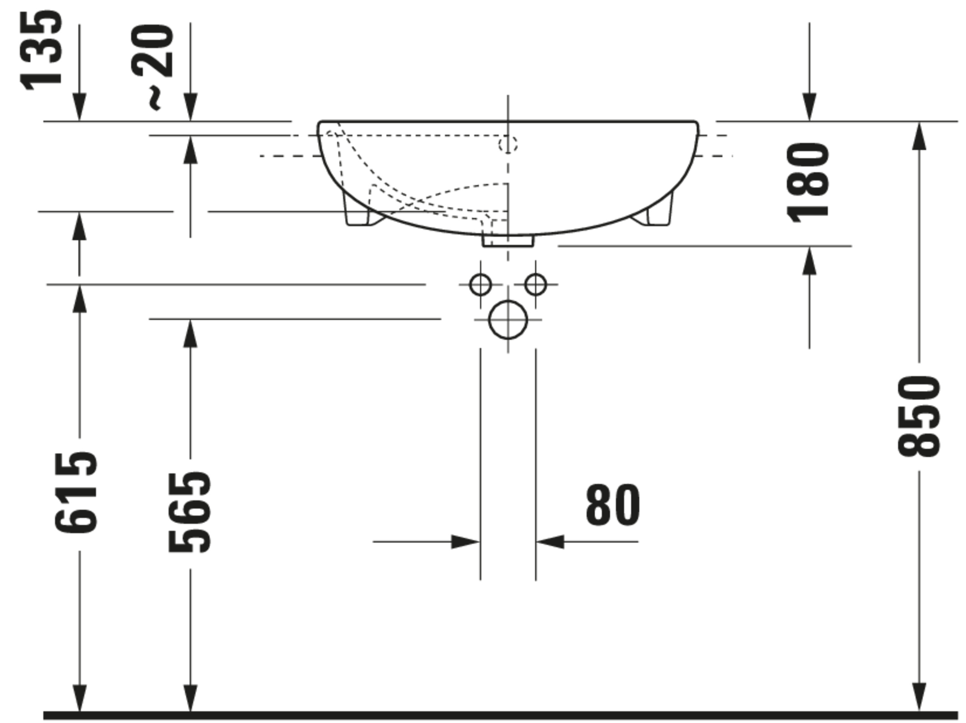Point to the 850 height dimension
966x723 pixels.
919,416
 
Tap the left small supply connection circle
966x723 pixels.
480,284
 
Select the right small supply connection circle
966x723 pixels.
535,284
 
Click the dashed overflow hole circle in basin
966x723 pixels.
508,144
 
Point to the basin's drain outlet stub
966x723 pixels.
508,241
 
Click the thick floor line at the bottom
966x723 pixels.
498,715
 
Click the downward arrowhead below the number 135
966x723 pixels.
79,107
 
